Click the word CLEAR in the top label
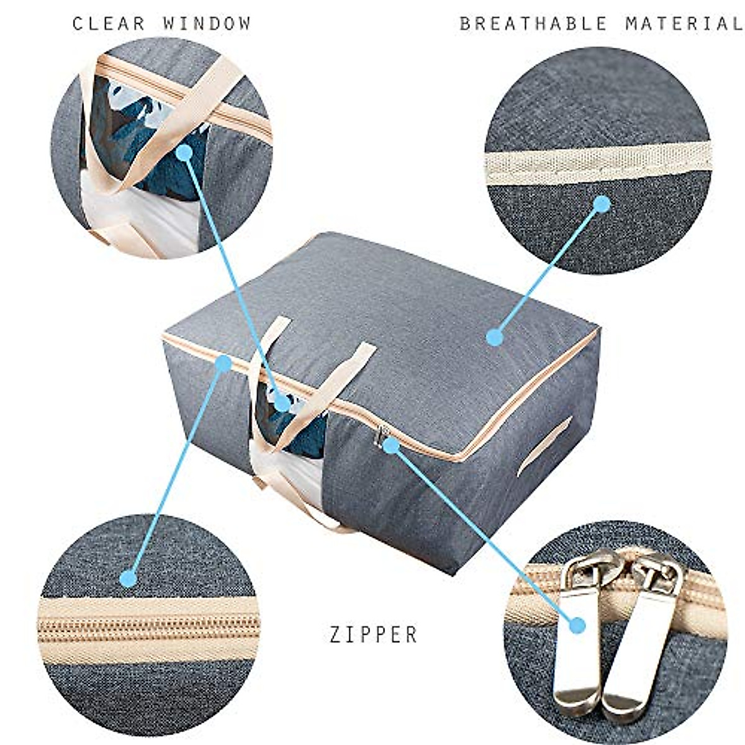point(109,24)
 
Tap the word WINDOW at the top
point(207,24)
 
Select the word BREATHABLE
point(533,24)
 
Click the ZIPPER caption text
point(374,634)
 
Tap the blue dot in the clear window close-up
point(183,151)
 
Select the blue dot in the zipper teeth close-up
point(129,579)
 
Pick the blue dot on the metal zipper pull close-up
point(578,625)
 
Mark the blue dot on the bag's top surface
point(495,337)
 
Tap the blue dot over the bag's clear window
point(282,403)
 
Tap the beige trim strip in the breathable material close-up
point(596,163)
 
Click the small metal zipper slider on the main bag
point(379,436)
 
